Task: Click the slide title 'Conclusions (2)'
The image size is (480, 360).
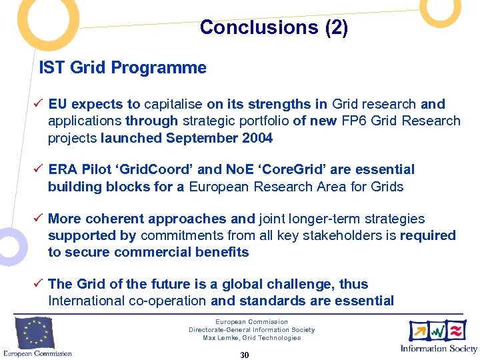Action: [x=273, y=28]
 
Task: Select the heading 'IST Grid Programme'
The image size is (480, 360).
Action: [x=123, y=68]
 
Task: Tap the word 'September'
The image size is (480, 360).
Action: [x=199, y=138]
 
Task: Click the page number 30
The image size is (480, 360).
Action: [x=244, y=355]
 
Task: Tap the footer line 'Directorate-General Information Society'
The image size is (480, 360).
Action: [x=251, y=330]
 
